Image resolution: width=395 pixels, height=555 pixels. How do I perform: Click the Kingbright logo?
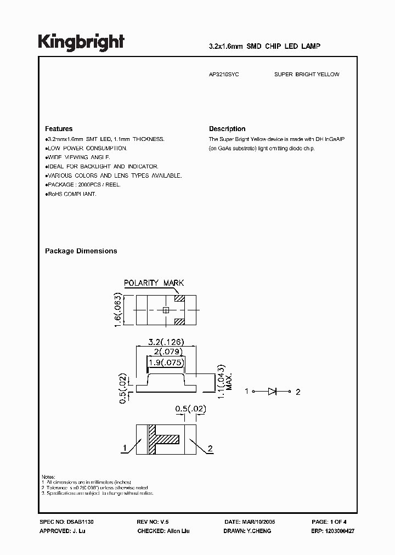(81, 42)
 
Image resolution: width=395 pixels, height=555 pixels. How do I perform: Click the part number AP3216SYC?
(224, 75)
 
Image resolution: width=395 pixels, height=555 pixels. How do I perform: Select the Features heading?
(59, 129)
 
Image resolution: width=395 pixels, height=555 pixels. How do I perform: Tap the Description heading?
(227, 129)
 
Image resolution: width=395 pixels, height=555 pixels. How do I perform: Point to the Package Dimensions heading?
(81, 251)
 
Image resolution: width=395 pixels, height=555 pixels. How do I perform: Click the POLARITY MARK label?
(154, 283)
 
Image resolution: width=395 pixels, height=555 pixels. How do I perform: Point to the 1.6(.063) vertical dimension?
(117, 310)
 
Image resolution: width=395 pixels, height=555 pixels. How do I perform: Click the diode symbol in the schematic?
(273, 392)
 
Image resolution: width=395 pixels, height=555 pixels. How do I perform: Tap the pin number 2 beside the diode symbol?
(298, 392)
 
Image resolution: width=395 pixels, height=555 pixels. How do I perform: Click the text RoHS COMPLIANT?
(72, 194)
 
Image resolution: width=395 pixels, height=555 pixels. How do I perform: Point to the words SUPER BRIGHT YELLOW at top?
(307, 75)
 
